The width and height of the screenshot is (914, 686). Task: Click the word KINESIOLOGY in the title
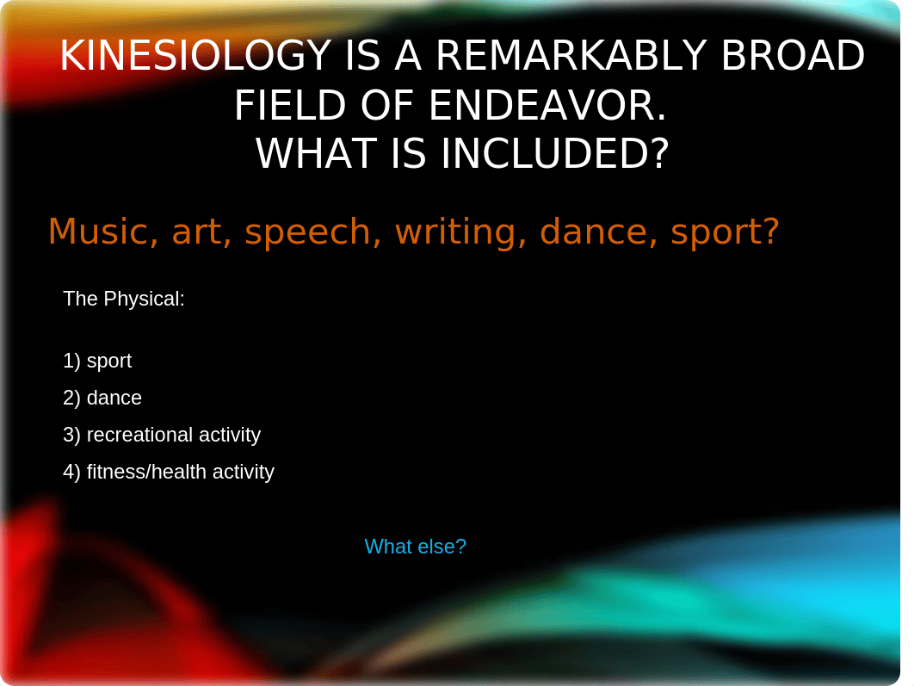coord(196,56)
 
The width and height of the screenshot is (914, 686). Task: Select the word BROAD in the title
coord(793,56)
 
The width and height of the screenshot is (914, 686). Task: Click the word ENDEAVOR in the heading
coord(547,106)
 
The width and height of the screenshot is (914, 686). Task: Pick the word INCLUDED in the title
coord(554,154)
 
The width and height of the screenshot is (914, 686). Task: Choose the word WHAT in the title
coord(315,154)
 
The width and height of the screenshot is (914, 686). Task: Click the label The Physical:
coord(124,299)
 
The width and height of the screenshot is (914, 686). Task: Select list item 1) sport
coord(97,362)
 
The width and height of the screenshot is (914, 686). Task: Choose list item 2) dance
coord(102,398)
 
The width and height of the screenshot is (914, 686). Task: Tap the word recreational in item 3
coord(140,435)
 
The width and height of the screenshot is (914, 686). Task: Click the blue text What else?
coord(415,547)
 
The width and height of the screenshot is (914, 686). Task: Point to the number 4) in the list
coord(71,472)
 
